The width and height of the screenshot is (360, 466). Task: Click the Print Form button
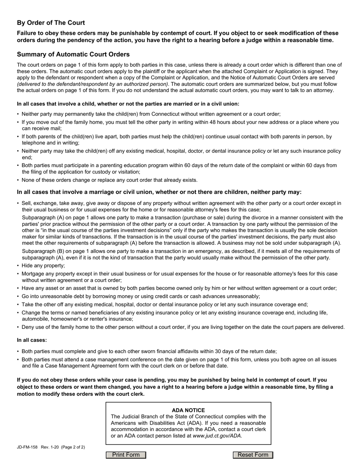click(126, 455)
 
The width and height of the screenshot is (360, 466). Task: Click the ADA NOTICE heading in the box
click(188, 410)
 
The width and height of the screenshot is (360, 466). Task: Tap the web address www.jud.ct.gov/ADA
click(217, 436)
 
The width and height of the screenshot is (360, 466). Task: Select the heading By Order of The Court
click(51, 23)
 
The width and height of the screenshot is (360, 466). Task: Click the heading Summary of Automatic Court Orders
click(73, 54)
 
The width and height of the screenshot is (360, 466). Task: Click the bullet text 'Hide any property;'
click(43, 266)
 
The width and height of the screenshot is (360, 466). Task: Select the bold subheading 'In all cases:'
click(32, 340)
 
